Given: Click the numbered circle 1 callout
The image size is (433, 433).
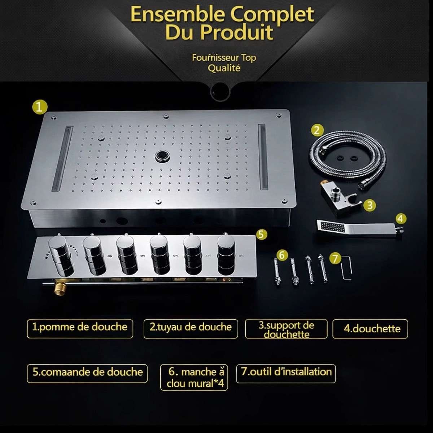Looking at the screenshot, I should (x=39, y=107).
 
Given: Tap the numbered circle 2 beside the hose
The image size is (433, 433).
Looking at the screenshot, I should (x=317, y=130).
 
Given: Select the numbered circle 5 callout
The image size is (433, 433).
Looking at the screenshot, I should (x=262, y=234).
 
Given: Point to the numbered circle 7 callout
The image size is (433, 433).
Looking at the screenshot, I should (x=335, y=258).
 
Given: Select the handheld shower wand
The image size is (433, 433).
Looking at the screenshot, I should (x=357, y=228).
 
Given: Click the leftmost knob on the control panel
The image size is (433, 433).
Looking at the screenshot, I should (x=60, y=255).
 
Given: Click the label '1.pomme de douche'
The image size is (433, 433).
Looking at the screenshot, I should (x=80, y=328).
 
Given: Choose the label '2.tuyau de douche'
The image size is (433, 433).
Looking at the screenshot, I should (x=191, y=328).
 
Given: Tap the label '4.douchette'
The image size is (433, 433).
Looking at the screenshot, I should (x=370, y=329).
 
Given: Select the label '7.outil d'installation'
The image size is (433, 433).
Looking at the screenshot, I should (x=286, y=372).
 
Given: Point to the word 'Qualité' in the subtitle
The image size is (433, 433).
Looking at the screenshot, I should (x=224, y=68).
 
